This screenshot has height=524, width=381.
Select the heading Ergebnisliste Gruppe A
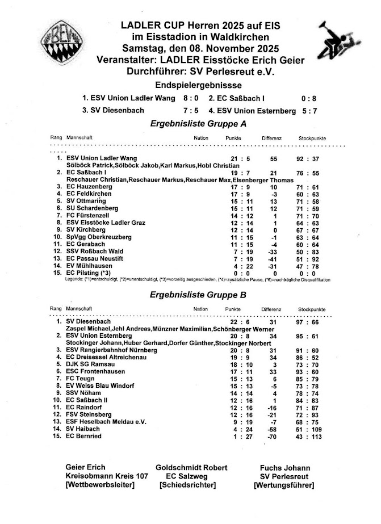tap(198, 123)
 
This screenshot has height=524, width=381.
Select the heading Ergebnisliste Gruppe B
tap(198, 295)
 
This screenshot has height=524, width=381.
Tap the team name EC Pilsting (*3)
tap(91, 273)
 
